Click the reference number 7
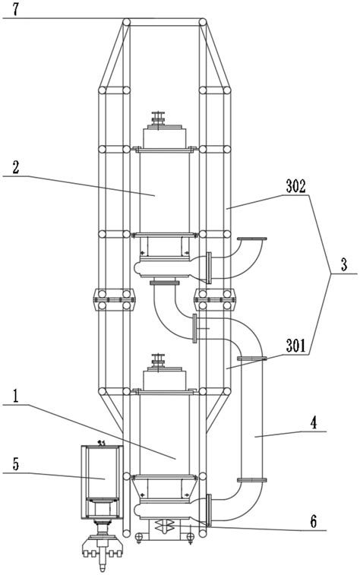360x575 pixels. (x=15, y=9)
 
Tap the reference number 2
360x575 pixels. (x=16, y=168)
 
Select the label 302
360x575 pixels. (x=296, y=187)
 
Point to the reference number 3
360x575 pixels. (x=343, y=265)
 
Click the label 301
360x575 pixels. (x=295, y=346)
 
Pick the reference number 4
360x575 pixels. (x=312, y=423)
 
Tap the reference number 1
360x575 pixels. (x=15, y=396)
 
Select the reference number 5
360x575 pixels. (x=15, y=464)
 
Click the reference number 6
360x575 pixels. (x=313, y=521)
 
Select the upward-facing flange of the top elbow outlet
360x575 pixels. (x=252, y=239)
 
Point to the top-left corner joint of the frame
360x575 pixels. (x=127, y=22)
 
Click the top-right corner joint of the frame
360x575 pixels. (x=202, y=22)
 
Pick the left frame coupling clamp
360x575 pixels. (x=114, y=299)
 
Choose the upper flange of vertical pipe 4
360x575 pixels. (x=252, y=359)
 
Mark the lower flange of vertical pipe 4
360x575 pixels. (x=252, y=479)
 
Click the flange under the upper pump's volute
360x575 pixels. (x=165, y=283)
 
